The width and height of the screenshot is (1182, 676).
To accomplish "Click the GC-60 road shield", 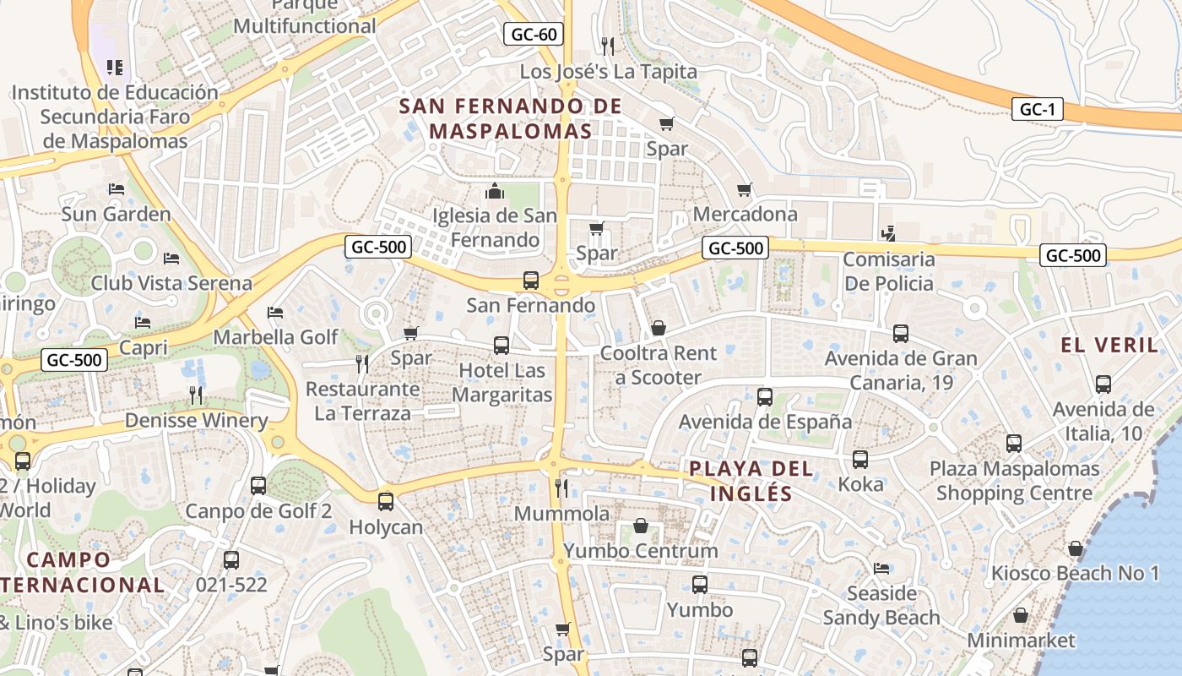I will [x=534, y=35].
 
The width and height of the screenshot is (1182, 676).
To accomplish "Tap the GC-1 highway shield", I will [x=1037, y=109].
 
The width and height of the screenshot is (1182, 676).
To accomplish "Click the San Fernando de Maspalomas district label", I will [x=510, y=119].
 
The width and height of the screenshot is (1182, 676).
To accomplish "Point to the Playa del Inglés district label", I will [x=751, y=481].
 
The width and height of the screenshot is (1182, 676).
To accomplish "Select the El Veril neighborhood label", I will [x=1109, y=345].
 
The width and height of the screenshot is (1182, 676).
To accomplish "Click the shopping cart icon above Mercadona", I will [x=744, y=189].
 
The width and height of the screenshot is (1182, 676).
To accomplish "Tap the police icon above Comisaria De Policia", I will [x=887, y=232].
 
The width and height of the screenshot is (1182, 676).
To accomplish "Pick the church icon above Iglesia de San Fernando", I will [x=495, y=191].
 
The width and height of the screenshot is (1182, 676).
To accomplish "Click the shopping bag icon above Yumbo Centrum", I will [x=641, y=526].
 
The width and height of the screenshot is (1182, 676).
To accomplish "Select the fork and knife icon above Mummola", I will [x=561, y=488].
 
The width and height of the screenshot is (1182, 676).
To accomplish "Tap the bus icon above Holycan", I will [x=386, y=502].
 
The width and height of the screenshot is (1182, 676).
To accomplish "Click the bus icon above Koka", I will [x=860, y=460].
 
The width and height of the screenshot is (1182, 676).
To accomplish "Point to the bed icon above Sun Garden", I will [x=117, y=188].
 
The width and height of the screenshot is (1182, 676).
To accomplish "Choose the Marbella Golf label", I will [x=275, y=337].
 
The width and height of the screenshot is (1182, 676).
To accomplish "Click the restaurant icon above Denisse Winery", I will [x=196, y=395].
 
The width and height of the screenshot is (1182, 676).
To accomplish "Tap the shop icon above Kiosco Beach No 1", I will [x=1075, y=548].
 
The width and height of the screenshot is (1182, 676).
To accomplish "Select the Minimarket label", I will [x=1022, y=641].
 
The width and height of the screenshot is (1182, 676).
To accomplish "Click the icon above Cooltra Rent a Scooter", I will [x=659, y=328].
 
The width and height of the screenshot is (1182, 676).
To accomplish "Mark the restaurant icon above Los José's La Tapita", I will [x=607, y=45].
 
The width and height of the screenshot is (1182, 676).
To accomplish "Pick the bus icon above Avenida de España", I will [x=765, y=396].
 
